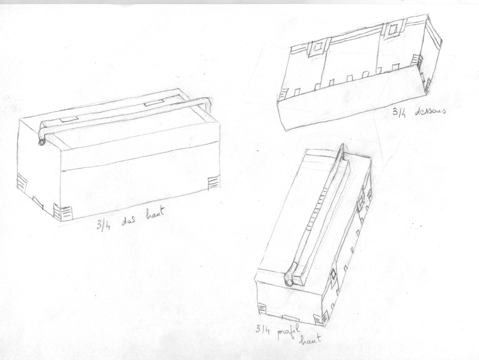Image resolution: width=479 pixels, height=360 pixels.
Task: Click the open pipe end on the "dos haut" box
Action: pos(41,142)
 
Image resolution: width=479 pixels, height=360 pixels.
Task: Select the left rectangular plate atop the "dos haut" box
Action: pos(69,119)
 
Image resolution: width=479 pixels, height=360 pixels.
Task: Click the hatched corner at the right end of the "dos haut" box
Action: pos(213,182)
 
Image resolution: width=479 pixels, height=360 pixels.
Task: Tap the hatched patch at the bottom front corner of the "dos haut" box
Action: pos(63,212)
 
